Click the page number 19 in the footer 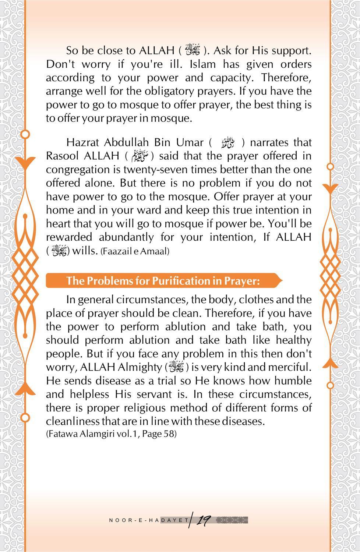click(x=203, y=520)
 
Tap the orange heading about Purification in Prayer click(x=163, y=281)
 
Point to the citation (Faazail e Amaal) click(x=135, y=251)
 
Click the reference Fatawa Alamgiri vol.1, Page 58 click(x=112, y=434)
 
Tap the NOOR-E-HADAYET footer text click(x=149, y=520)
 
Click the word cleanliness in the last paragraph click(x=72, y=421)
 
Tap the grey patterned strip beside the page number click(x=231, y=520)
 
